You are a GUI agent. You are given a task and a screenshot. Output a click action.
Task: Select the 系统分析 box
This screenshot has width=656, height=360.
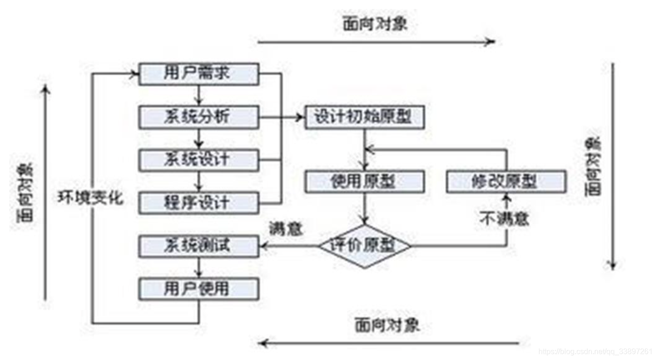199,117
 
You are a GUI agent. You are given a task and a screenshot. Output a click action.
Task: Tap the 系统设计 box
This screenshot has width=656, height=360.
199,160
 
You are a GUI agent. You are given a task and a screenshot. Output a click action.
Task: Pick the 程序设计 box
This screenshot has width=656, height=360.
199,203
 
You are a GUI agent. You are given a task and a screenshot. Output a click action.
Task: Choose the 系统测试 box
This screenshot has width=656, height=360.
199,246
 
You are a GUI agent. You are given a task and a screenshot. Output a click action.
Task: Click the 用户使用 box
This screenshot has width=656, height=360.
199,289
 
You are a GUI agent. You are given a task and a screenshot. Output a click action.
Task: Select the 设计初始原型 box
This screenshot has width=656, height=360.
365,117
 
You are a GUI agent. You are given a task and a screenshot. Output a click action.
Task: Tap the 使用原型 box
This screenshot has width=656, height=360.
365,182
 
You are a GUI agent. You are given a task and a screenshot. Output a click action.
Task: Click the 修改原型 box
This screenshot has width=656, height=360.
506,182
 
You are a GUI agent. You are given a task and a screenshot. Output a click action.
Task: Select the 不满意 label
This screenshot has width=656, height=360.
505,218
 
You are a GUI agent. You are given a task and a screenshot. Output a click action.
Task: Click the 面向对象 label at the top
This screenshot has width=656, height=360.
375,24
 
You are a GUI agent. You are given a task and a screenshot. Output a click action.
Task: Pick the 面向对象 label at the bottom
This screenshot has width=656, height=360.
387,325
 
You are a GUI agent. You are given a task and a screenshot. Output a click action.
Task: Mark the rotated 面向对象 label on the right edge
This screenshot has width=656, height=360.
591,167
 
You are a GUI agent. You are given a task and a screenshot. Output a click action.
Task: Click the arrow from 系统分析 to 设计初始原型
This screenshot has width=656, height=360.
281,118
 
